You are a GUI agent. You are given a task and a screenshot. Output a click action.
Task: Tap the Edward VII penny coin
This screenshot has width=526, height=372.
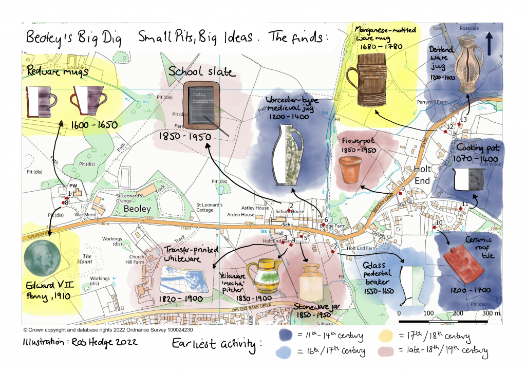(x=43, y=260)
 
